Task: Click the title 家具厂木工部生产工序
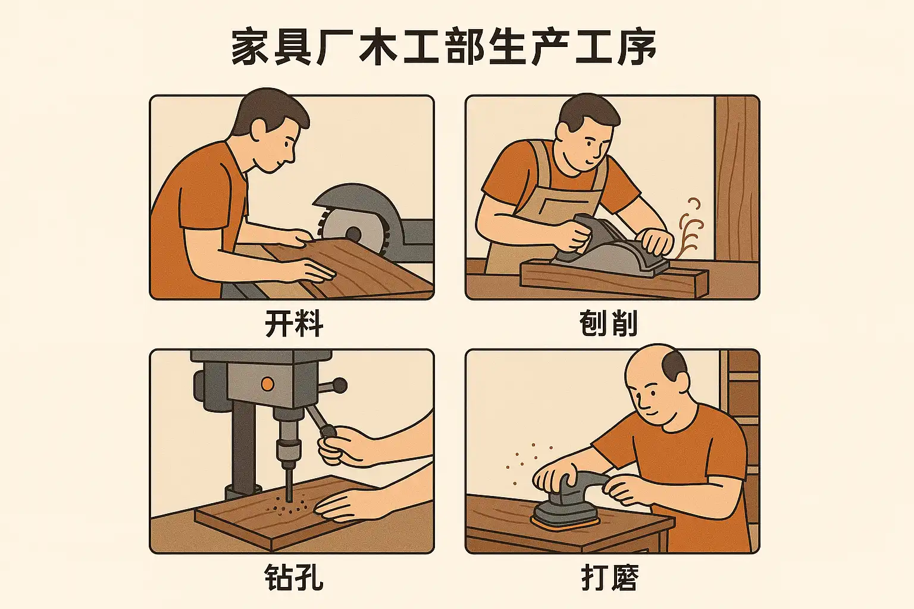[443, 46]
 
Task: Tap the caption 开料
[294, 324]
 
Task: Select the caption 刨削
[608, 324]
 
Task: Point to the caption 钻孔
[294, 577]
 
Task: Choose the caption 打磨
[609, 577]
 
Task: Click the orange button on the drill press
[267, 384]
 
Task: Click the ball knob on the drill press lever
[340, 385]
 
